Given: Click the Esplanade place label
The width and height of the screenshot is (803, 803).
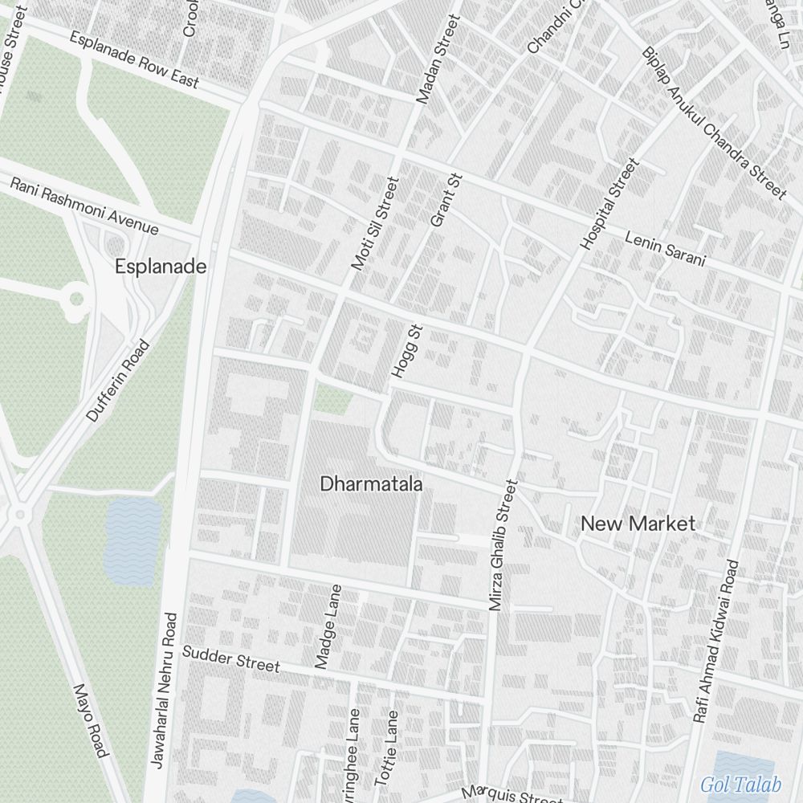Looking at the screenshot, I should click(161, 267).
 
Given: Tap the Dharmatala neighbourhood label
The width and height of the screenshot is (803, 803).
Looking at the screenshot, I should click(371, 483).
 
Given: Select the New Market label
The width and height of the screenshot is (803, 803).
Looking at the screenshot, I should click(638, 524).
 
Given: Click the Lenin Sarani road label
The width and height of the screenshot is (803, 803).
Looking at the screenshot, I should click(665, 248).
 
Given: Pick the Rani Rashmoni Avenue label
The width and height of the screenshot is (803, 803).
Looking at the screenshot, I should click(84, 206).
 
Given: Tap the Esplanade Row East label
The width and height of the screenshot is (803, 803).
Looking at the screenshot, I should click(134, 60).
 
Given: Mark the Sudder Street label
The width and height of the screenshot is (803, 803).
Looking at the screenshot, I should click(231, 658).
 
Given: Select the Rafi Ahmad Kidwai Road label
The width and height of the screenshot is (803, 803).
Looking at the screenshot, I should click(715, 641).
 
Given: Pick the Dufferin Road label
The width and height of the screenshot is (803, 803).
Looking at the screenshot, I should click(118, 381).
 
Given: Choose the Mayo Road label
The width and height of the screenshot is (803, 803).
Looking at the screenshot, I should click(90, 720).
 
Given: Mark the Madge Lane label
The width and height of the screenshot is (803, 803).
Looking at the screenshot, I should click(329, 626).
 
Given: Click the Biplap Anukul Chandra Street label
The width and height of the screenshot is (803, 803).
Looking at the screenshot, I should click(713, 122).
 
